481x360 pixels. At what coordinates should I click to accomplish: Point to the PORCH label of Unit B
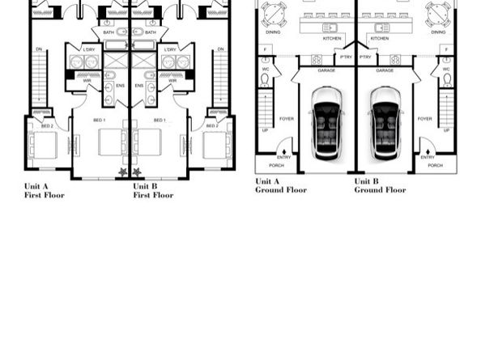[x=435, y=165]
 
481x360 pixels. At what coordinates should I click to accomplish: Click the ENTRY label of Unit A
[x=283, y=157]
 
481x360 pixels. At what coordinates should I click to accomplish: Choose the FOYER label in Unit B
[x=424, y=119]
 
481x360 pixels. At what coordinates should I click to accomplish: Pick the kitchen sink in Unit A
[x=332, y=27]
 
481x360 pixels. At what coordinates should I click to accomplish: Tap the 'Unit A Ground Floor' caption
[x=281, y=185]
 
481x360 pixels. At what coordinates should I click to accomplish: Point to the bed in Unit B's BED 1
[x=149, y=142]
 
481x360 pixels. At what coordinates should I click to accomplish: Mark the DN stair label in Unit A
[x=39, y=49]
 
